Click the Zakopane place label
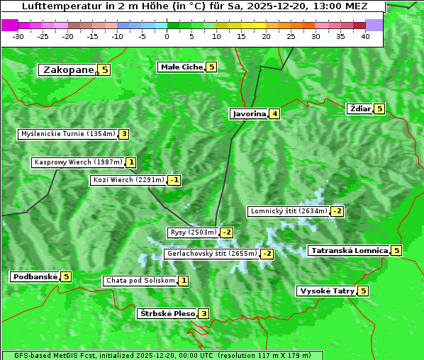[68, 69]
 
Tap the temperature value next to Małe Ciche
[211, 67]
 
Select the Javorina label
[249, 113]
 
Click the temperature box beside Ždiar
[379, 109]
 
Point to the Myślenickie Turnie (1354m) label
[68, 134]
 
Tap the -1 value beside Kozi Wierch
[174, 180]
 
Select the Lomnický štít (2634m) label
[289, 211]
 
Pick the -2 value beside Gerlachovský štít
[267, 254]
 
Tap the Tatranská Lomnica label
[349, 251]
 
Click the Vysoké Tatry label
[327, 291]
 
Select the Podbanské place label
[35, 276]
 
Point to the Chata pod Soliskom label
[140, 281]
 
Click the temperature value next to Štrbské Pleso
[203, 314]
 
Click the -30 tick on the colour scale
[18, 36]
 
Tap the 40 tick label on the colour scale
[365, 36]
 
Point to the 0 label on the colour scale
[167, 36]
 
